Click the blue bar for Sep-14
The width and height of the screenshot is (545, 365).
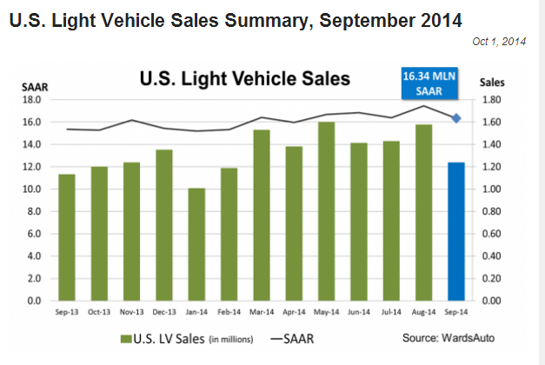tap(456, 231)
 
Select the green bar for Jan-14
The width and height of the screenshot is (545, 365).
tap(196, 244)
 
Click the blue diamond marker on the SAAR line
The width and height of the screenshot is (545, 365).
tap(456, 118)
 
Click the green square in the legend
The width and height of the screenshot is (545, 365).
tap(125, 337)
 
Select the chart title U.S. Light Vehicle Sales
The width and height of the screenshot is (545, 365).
tap(245, 80)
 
